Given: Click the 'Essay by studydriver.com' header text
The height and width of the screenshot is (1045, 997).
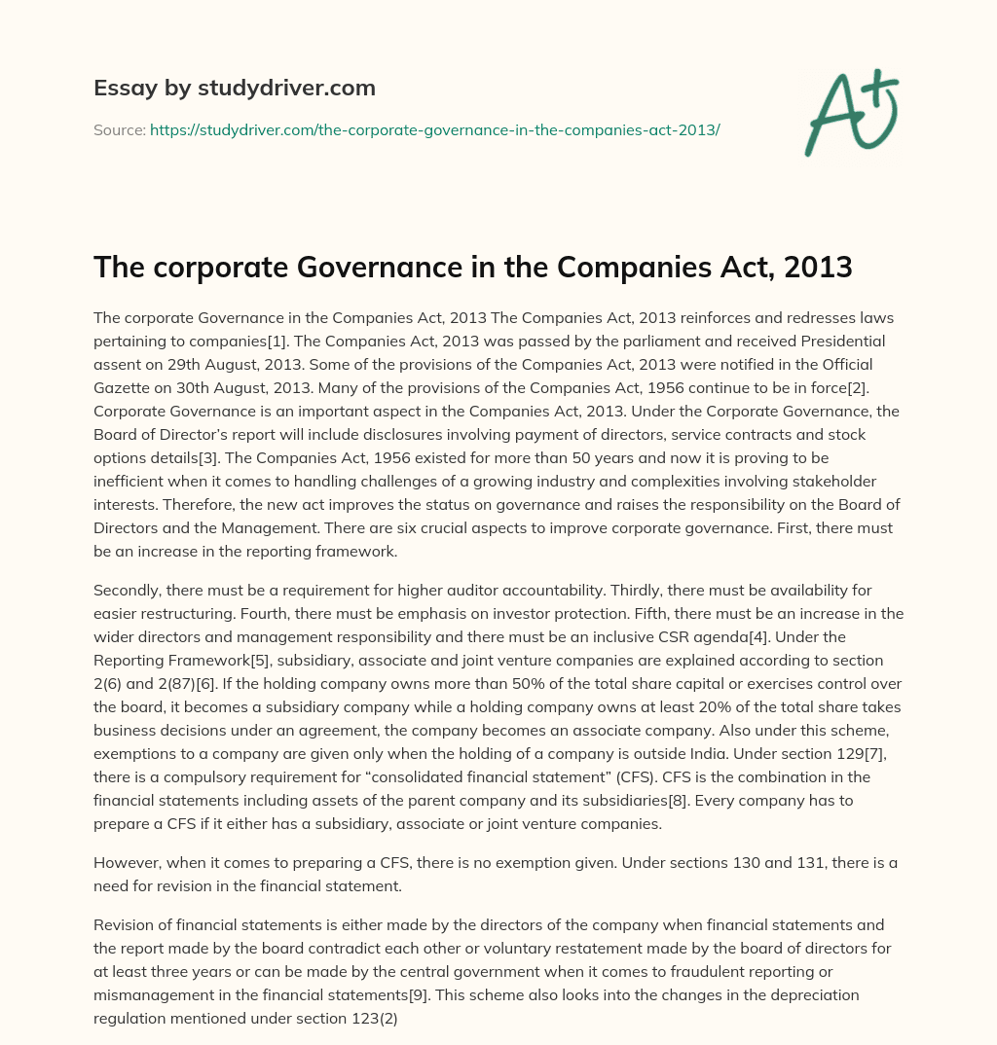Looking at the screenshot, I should point(234,88).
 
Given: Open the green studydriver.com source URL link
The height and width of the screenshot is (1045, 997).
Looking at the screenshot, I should point(434,129).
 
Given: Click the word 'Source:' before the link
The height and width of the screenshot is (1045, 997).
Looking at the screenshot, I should point(119,129).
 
